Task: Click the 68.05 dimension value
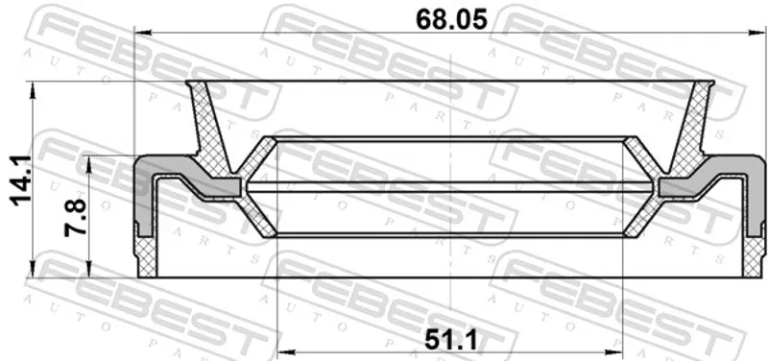click(x=451, y=20)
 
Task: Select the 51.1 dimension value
click(x=450, y=340)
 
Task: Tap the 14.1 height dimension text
click(x=21, y=180)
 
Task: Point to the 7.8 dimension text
click(x=76, y=218)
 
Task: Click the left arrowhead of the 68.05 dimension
click(x=141, y=33)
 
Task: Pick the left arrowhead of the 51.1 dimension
click(x=284, y=351)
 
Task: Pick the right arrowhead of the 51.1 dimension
click(x=614, y=351)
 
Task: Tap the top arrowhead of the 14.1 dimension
click(x=33, y=90)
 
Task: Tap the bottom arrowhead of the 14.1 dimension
click(x=33, y=270)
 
